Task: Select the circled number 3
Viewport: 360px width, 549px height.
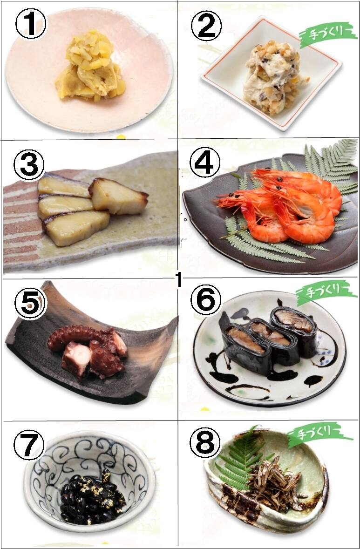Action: (29, 164)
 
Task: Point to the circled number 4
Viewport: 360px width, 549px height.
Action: (205, 163)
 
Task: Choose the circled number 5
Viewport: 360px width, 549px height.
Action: (30, 304)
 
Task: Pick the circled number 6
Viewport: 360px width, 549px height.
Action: (206, 300)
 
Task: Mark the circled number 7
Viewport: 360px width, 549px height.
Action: (29, 445)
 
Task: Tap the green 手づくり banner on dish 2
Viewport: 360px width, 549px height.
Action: (328, 35)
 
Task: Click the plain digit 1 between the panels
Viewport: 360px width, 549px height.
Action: (178, 280)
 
